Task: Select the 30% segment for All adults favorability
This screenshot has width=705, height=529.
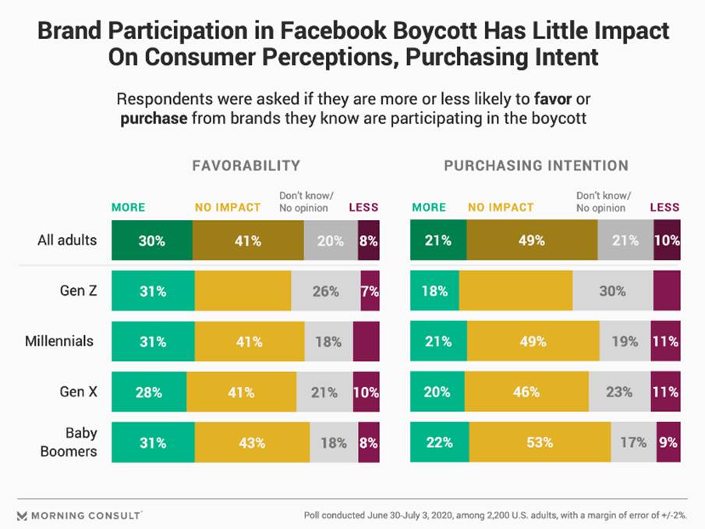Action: (152, 240)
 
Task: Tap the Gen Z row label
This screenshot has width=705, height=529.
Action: (79, 291)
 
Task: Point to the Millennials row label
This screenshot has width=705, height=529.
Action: (62, 341)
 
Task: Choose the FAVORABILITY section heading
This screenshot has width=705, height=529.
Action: (246, 165)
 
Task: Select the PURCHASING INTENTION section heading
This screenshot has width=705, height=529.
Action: (536, 165)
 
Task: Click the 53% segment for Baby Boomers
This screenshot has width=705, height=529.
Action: (540, 442)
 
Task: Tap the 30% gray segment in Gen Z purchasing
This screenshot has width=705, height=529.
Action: (613, 291)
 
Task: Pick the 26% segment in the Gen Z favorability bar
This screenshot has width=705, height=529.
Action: (325, 291)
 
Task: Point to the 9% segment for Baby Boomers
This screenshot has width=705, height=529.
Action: (668, 442)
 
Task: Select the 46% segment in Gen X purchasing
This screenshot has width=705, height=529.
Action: (526, 392)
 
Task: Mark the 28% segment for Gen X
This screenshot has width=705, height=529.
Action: (149, 392)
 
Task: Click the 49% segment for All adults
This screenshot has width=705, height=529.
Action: (532, 240)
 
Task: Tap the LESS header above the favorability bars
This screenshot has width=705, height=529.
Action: (363, 208)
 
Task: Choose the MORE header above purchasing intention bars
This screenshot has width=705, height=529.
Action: (429, 208)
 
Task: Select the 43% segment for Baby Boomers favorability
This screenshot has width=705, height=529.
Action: (252, 442)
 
